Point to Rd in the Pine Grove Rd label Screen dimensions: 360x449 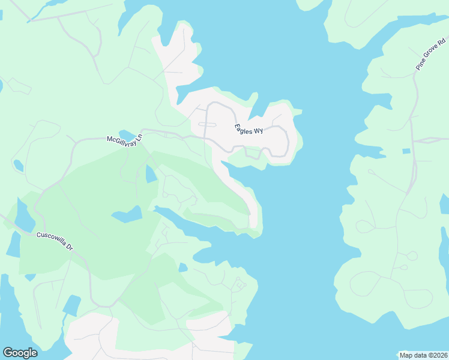(x=442, y=43)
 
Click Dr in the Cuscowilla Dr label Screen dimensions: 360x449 (x=70, y=247)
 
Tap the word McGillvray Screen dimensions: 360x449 (x=120, y=139)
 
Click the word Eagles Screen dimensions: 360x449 (x=243, y=128)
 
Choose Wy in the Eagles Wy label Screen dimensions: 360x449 (x=258, y=131)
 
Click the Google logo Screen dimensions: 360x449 (x=20, y=353)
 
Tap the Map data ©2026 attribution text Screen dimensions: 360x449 (x=423, y=355)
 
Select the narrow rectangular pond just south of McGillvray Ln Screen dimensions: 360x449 (x=150, y=173)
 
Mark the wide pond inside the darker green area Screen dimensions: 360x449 (x=127, y=214)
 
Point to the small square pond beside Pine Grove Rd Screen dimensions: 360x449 (x=406, y=151)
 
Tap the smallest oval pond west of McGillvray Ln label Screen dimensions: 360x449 (x=18, y=165)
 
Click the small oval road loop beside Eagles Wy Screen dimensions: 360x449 (x=206, y=125)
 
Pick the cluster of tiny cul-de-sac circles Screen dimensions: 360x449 (x=240, y=284)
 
